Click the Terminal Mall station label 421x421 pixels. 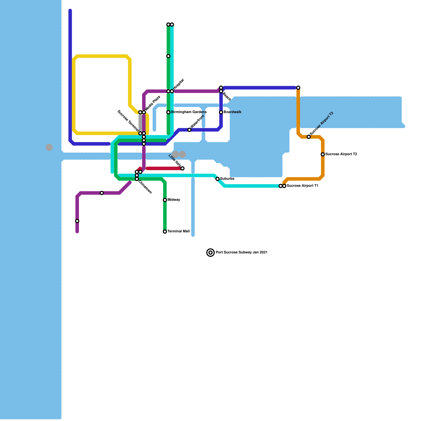click(x=178, y=232)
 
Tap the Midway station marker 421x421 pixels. click(x=165, y=200)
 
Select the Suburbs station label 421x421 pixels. click(x=227, y=179)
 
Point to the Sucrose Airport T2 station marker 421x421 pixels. click(x=323, y=154)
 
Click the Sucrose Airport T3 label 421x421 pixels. click(x=322, y=123)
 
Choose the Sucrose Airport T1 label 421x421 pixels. click(x=302, y=186)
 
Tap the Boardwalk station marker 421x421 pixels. click(x=221, y=112)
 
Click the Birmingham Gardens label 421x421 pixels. click(x=189, y=112)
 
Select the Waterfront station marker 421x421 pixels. click(x=189, y=130)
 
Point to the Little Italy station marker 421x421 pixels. click(x=182, y=168)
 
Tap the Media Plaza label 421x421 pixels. click(x=153, y=103)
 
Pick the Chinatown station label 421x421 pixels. click(x=145, y=187)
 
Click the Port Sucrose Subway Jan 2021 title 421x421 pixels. click(x=242, y=253)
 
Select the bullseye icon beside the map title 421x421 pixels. click(x=210, y=253)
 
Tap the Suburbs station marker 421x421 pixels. click(x=218, y=179)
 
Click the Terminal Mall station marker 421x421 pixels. click(x=165, y=232)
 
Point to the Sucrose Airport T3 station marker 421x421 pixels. click(x=309, y=137)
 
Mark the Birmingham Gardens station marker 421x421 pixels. click(x=168, y=112)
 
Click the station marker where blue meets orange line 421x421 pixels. click(x=298, y=88)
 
